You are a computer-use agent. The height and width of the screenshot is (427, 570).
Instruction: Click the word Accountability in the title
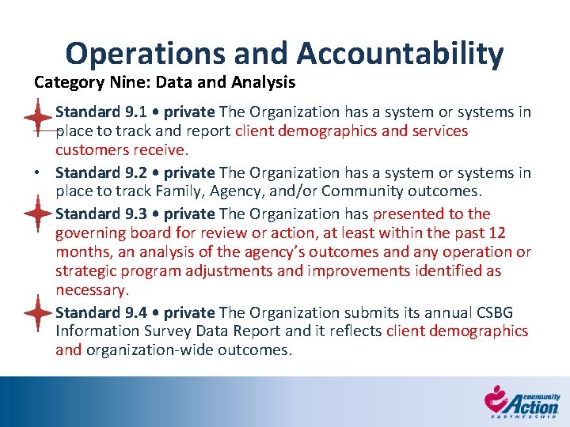(x=400, y=54)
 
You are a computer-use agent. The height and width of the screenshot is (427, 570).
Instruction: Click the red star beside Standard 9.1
(x=37, y=117)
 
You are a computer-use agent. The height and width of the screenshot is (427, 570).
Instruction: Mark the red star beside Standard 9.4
(x=37, y=312)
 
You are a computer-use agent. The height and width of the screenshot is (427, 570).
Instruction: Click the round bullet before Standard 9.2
(x=37, y=173)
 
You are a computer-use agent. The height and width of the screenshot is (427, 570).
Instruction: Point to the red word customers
(x=89, y=150)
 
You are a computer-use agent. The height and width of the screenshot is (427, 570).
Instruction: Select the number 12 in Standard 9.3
(x=497, y=232)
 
